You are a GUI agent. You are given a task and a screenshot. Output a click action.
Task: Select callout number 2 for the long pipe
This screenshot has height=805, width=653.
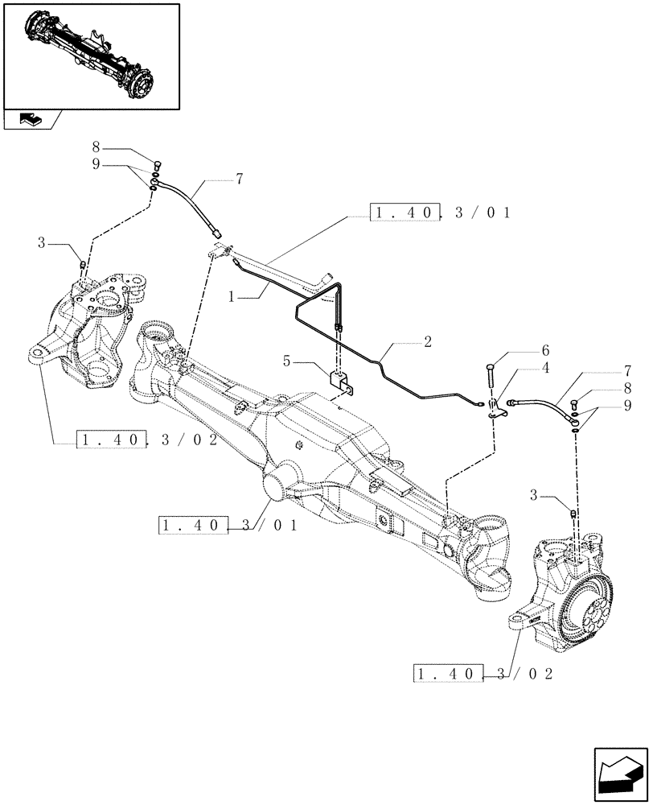(x=428, y=342)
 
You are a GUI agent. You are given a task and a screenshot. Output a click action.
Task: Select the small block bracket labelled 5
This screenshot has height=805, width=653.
(x=339, y=382)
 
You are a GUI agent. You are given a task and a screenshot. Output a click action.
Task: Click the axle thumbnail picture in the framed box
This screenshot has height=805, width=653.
(x=90, y=56)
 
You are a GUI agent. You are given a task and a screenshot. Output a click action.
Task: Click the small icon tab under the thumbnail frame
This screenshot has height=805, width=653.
(x=31, y=120)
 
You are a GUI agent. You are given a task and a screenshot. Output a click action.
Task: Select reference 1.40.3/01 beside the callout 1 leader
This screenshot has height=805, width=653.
(x=441, y=213)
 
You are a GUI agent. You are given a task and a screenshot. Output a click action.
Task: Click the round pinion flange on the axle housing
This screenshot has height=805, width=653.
(x=275, y=485)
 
